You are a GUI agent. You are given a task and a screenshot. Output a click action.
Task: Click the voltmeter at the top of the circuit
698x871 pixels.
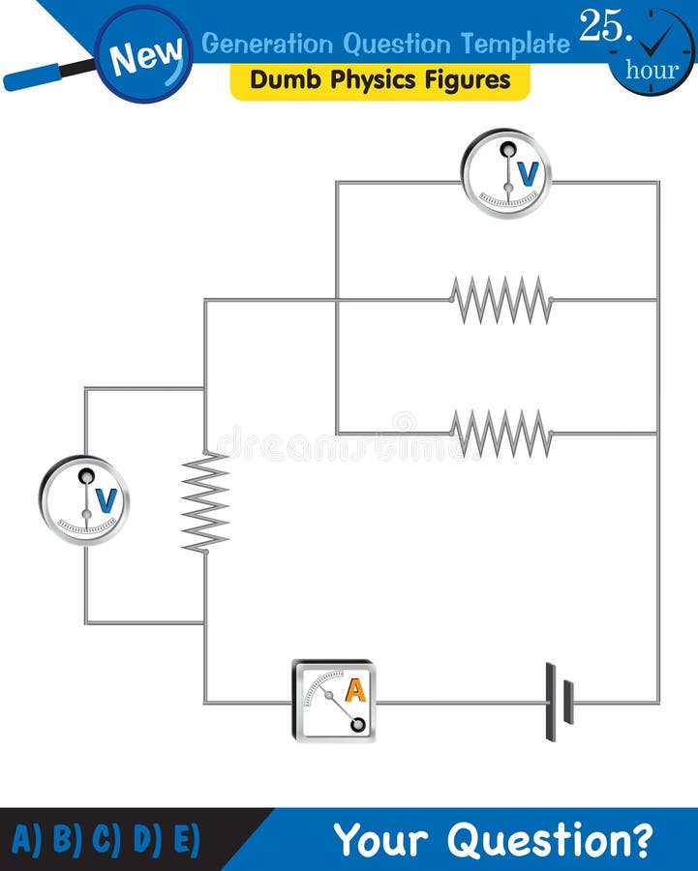(505, 174)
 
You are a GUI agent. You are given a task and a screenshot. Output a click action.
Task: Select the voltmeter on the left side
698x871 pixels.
(84, 500)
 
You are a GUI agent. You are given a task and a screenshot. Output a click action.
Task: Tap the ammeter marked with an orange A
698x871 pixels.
(334, 702)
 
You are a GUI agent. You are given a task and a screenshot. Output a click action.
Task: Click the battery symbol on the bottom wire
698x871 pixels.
(559, 702)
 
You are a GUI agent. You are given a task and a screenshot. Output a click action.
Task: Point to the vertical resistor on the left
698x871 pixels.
(205, 502)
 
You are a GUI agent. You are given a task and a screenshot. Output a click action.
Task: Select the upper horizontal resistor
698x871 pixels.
(501, 300)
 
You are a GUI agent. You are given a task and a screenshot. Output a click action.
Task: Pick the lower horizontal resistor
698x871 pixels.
(501, 434)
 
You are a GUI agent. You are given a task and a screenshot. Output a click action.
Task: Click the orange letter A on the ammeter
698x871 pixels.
(355, 690)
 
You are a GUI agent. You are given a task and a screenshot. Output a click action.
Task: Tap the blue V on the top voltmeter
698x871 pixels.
(528, 173)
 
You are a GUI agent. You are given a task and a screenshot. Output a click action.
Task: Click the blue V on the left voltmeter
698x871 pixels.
(106, 500)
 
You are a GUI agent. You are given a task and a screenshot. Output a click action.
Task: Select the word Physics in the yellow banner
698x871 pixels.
(346, 79)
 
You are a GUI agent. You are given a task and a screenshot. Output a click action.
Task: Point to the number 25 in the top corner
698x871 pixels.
(600, 27)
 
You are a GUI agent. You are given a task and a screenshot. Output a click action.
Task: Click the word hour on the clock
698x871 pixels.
(652, 70)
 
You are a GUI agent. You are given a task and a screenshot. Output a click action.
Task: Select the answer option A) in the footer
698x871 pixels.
(28, 839)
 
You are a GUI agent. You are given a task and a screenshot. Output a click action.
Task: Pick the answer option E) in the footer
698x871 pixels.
(185, 839)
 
